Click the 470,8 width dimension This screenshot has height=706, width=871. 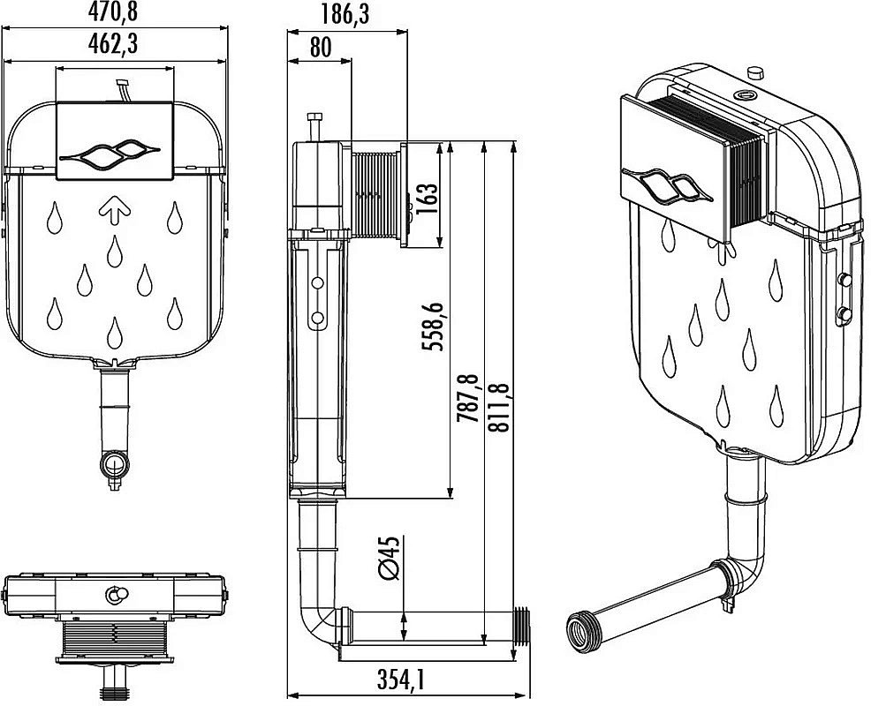tap(115, 12)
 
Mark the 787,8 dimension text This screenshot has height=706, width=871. tap(468, 401)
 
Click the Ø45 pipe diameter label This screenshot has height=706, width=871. tap(389, 558)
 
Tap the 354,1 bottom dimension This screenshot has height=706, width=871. tap(402, 680)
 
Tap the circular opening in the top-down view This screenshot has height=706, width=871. tap(116, 596)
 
